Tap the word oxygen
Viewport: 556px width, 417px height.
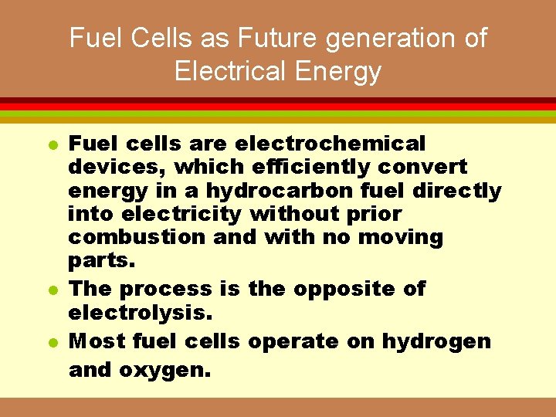pyautogui.click(x=164, y=370)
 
